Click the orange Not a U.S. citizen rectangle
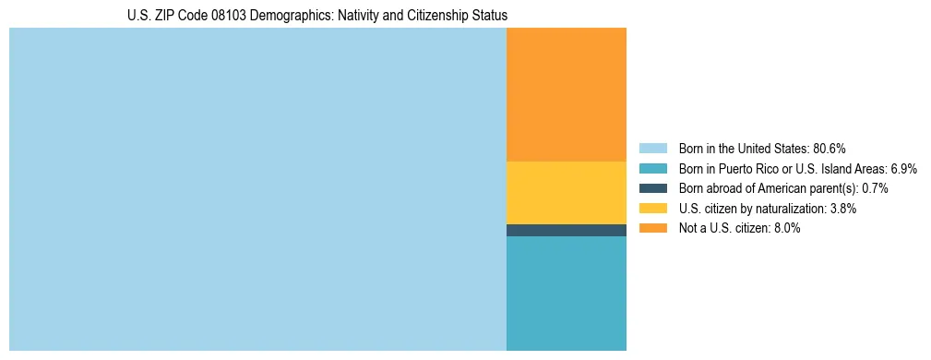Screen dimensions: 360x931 click(x=567, y=94)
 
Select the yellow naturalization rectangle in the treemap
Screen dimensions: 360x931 click(x=567, y=192)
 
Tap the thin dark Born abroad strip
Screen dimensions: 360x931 click(x=567, y=230)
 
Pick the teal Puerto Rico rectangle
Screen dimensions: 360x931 click(x=567, y=293)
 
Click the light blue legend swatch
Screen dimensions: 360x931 click(x=652, y=149)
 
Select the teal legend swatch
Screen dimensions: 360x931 click(x=652, y=169)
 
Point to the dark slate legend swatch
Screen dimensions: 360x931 click(x=652, y=188)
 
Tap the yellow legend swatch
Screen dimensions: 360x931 click(x=652, y=209)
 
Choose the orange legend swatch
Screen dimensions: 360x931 click(x=652, y=229)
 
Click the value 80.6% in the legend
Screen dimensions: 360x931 click(x=829, y=149)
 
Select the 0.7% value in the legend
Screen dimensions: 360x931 click(x=874, y=188)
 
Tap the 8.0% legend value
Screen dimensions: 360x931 click(x=784, y=229)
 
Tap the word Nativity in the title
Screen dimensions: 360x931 click(x=346, y=16)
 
